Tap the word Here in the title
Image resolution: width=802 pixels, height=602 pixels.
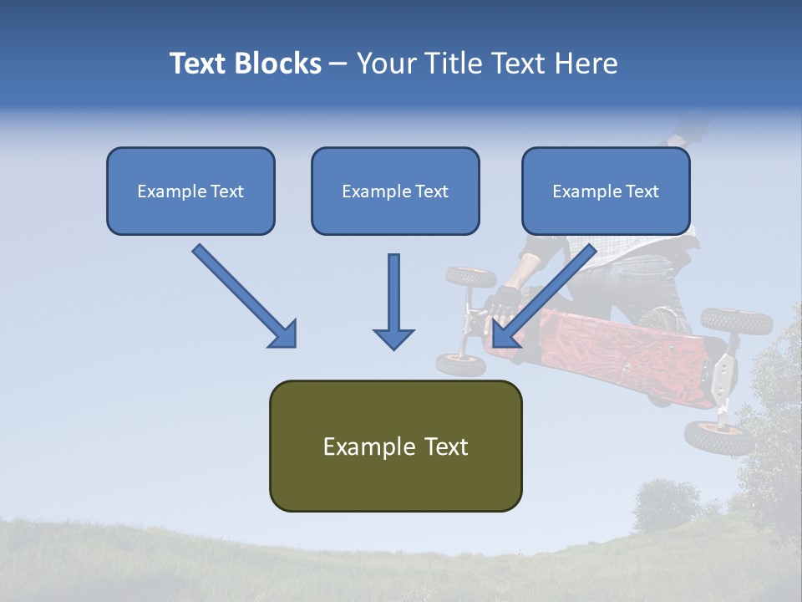[x=584, y=64]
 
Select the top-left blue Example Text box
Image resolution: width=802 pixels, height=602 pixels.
[x=190, y=191]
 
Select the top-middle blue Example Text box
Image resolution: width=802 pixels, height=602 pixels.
[x=395, y=191]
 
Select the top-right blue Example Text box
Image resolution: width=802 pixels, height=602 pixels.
[x=606, y=191]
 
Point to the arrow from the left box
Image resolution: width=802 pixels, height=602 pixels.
[x=242, y=294]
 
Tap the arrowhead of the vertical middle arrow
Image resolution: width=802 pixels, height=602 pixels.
[x=393, y=338]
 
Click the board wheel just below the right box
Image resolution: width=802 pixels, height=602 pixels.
[x=470, y=277]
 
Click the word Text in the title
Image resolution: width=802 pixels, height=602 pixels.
[x=198, y=64]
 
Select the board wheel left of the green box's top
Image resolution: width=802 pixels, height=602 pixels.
[x=461, y=364]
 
